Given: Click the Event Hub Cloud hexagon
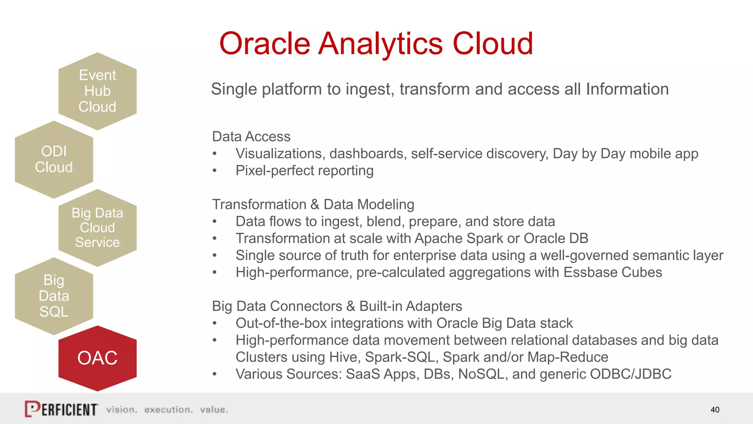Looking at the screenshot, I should pyautogui.click(x=97, y=91).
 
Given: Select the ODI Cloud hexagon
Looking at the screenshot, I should pyautogui.click(x=54, y=159).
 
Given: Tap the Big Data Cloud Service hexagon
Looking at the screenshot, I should pyautogui.click(x=97, y=228).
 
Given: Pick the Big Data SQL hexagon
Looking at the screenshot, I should pyautogui.click(x=54, y=296).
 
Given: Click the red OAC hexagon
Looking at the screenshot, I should pyautogui.click(x=97, y=358).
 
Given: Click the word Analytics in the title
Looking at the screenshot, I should pyautogui.click(x=380, y=44).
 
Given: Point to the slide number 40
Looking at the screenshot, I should pyautogui.click(x=715, y=410).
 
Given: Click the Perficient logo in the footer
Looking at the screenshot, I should pyautogui.click(x=61, y=409).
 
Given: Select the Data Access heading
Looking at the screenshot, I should pyautogui.click(x=251, y=137).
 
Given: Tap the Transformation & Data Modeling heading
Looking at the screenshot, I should pyautogui.click(x=313, y=204).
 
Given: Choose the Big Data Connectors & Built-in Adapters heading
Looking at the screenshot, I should pyautogui.click(x=337, y=306).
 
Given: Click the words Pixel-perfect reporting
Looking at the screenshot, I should pyautogui.click(x=304, y=171).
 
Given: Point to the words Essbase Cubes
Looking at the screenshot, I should pyautogui.click(x=613, y=272).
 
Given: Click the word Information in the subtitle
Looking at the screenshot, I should pyautogui.click(x=627, y=89).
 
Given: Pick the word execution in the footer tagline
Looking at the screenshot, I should pyautogui.click(x=168, y=410).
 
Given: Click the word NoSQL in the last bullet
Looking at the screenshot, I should pyautogui.click(x=481, y=374).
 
